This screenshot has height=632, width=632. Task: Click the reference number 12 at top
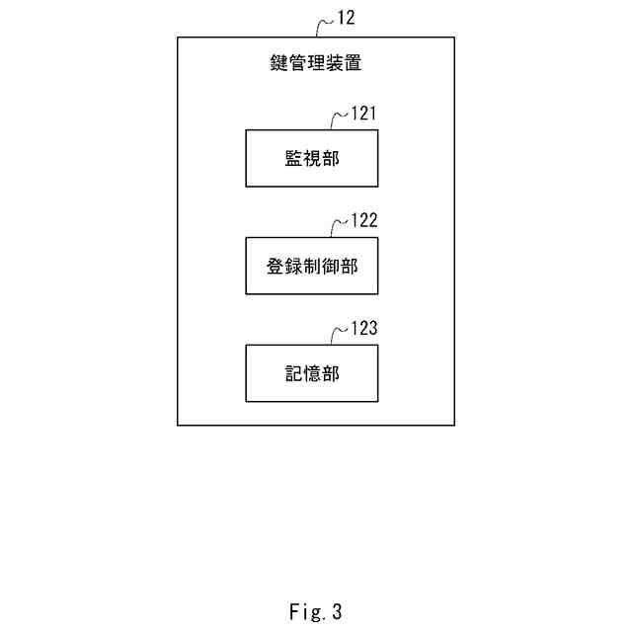point(348,18)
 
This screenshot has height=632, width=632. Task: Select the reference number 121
point(363,115)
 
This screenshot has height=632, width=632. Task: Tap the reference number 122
point(363,221)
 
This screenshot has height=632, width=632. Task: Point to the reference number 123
point(363,328)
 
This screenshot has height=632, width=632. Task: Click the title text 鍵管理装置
point(316,65)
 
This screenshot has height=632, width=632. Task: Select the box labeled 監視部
point(311,158)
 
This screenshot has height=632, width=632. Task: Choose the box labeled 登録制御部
point(311,266)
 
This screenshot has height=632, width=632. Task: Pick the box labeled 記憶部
point(311,372)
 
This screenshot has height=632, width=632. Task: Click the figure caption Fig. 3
point(316,612)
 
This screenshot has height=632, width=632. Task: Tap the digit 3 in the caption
point(337,612)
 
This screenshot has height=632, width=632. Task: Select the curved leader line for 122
point(340,227)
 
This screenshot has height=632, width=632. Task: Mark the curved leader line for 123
point(340,334)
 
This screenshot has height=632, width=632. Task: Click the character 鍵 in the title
point(279,65)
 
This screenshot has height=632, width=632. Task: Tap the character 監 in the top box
point(292,158)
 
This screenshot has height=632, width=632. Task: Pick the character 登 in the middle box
point(276,266)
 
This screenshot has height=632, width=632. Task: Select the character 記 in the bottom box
point(292,372)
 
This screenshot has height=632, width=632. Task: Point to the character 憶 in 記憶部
point(311,372)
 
